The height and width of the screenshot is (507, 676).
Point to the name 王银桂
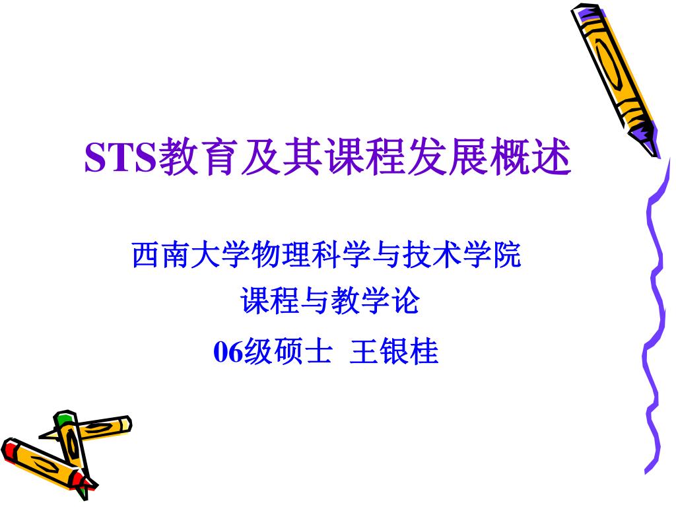pos(394,352)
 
